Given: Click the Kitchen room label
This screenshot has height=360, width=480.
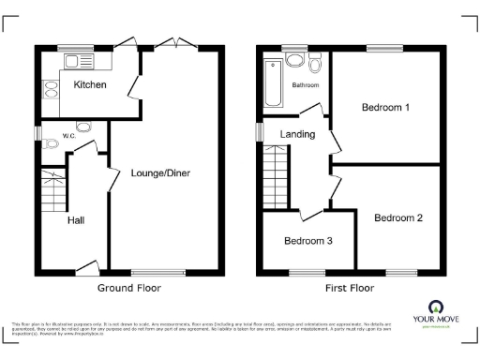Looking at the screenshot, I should [x=89, y=85].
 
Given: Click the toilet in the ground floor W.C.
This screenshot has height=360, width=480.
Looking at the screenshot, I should [x=83, y=127].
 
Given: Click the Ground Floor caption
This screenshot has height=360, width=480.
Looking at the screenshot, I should [x=130, y=288].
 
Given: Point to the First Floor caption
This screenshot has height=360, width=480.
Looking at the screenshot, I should [x=350, y=288].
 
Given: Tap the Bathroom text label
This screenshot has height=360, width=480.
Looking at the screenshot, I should [x=305, y=85].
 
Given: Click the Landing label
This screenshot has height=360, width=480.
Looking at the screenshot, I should [x=297, y=134].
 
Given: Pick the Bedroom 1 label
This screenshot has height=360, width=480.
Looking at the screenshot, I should [x=385, y=107].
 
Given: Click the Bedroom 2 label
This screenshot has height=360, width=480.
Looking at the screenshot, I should [x=397, y=217].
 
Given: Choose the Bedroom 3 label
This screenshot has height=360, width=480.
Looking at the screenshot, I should [x=307, y=240].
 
